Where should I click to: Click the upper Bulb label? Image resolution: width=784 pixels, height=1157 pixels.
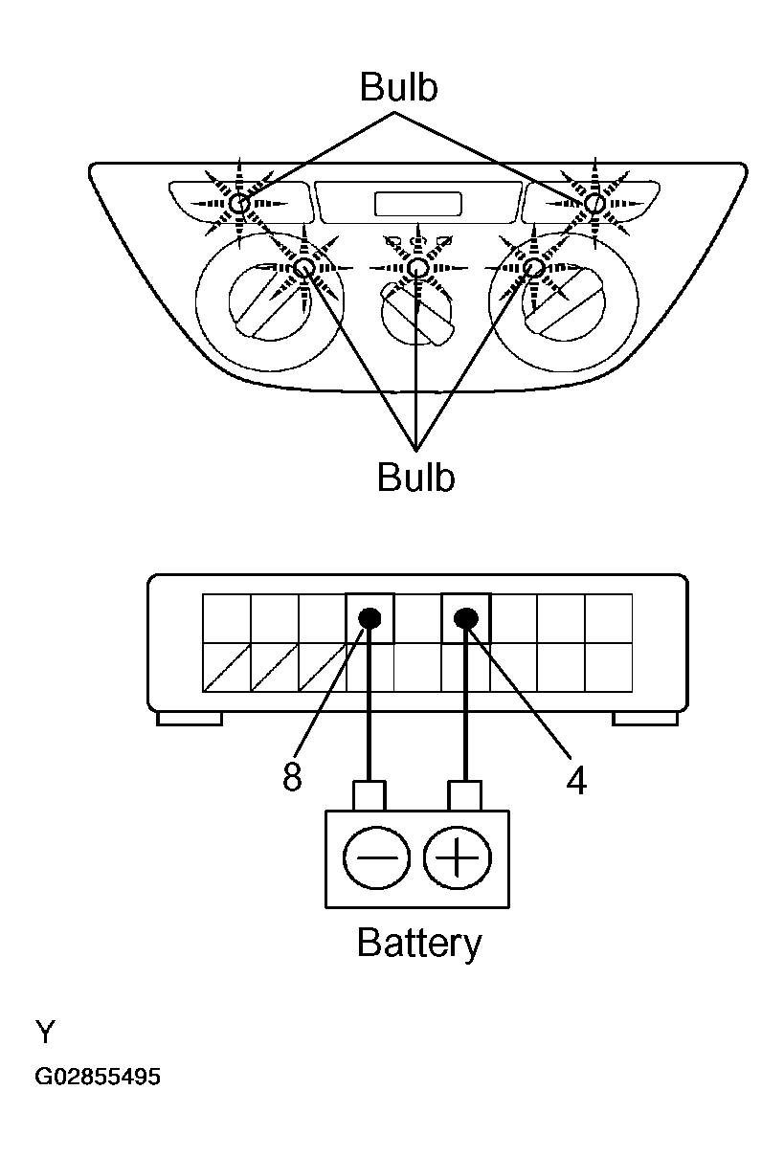398,87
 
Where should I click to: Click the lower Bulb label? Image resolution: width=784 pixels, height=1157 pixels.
415,477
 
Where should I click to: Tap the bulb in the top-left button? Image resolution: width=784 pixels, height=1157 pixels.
239,204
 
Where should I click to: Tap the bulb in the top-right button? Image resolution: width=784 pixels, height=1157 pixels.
594,203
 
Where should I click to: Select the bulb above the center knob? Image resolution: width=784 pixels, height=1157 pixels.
417,268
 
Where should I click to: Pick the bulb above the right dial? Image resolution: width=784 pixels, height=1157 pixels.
533,268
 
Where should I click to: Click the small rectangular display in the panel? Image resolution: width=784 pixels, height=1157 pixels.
418,204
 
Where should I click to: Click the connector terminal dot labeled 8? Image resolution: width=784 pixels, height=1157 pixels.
370,617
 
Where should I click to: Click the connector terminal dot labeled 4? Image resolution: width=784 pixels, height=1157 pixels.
465,617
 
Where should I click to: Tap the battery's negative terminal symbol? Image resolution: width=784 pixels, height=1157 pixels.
376,857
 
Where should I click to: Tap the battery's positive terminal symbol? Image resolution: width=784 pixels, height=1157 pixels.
458,857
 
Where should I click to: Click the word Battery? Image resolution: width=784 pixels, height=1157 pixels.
419,942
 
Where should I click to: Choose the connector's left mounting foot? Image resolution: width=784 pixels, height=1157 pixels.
190,719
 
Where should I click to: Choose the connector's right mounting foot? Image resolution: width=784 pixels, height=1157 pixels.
645,719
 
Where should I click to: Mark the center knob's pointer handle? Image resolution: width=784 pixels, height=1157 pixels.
418,315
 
